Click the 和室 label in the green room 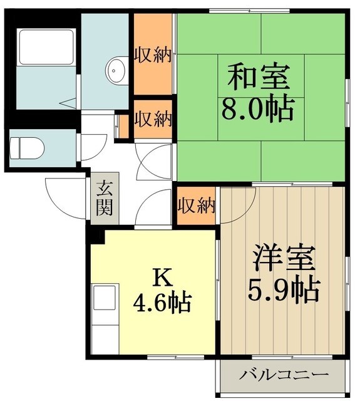tap(258, 78)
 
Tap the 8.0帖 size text tap(257, 109)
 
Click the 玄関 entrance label tap(105, 197)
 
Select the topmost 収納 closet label tap(153, 55)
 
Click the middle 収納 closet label tap(153, 118)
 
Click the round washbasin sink tap(117, 69)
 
